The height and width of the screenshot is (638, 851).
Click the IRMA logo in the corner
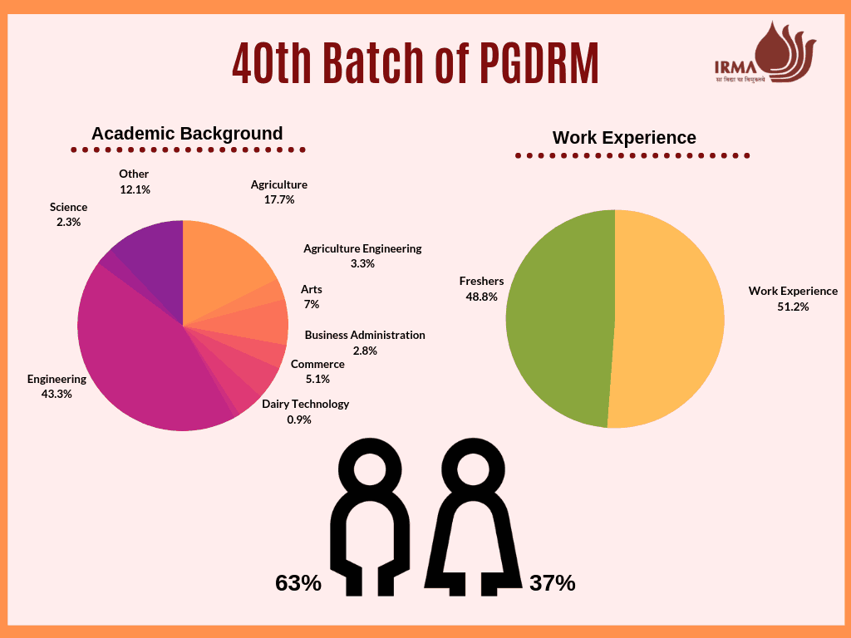pos(765,54)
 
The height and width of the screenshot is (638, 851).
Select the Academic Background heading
pos(187,134)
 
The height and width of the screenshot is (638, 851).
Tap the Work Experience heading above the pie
pos(624,138)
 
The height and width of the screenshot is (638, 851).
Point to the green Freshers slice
pos(557,320)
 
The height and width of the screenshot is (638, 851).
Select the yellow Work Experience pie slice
pos(669,320)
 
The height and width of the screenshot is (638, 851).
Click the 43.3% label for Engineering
pos(57,394)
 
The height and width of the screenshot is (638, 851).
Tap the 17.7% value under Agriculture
pos(279,199)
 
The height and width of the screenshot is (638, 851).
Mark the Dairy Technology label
pos(305,404)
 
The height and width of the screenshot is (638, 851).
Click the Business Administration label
pos(365,335)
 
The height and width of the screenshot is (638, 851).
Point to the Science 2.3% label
pos(68,214)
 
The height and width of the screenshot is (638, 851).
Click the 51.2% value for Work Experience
pos(793,306)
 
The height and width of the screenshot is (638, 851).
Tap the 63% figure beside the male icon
pos(298,583)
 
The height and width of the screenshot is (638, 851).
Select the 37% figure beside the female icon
pos(553,583)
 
